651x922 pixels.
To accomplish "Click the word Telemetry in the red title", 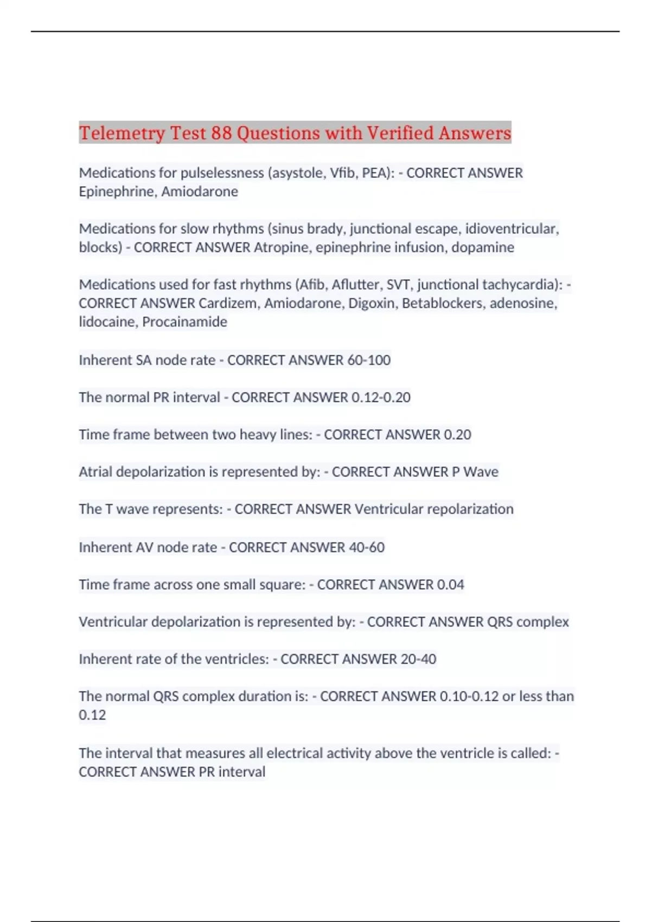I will (x=122, y=133).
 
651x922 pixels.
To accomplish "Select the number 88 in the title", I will (x=221, y=133).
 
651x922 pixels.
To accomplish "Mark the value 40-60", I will (x=367, y=547).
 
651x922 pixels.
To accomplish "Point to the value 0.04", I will (x=450, y=585).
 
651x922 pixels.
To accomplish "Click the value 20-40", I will (x=418, y=659).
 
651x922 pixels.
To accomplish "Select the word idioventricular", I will (x=512, y=229).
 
